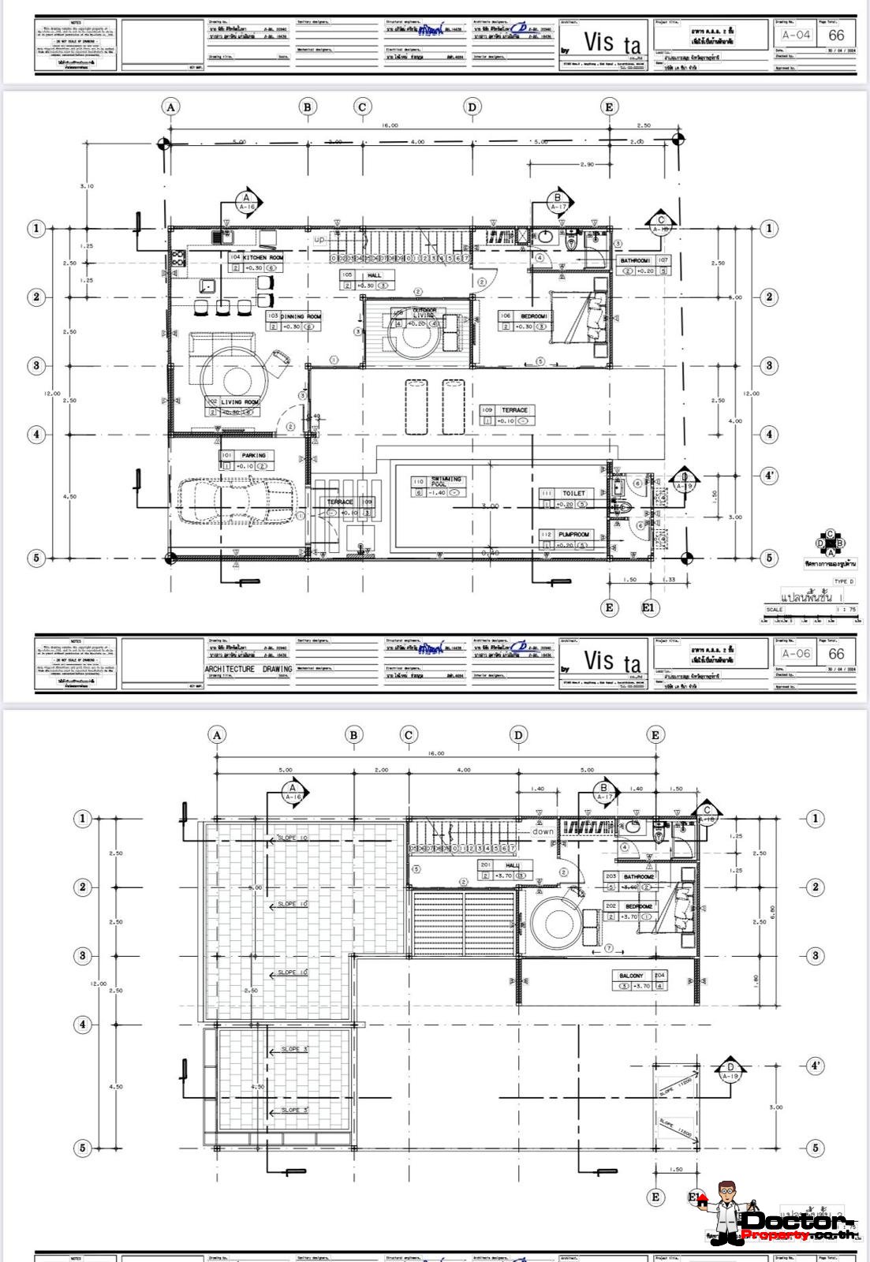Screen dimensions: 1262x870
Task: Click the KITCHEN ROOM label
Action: (x=263, y=258)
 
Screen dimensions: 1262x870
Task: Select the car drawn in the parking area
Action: (x=237, y=500)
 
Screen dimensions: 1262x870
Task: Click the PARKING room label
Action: (x=253, y=455)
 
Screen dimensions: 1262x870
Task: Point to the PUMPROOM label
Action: (x=573, y=534)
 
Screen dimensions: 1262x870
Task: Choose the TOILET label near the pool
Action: (x=573, y=493)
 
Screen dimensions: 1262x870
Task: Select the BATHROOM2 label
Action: (x=639, y=876)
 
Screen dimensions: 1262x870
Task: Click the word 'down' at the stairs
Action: (x=543, y=831)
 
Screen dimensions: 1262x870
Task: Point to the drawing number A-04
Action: (x=796, y=35)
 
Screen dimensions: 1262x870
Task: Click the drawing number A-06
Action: (x=796, y=654)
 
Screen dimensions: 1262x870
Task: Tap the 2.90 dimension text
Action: (x=586, y=164)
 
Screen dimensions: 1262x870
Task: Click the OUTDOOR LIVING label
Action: (x=424, y=313)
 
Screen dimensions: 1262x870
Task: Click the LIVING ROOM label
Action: (x=239, y=402)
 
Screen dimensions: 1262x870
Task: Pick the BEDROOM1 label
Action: (x=533, y=316)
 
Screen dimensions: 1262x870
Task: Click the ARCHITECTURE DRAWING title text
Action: (x=248, y=669)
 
